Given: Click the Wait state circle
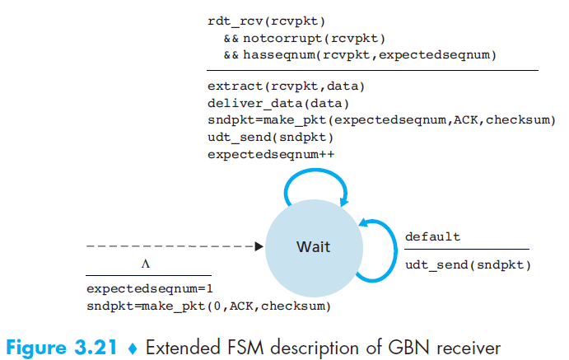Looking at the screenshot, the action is click(314, 248).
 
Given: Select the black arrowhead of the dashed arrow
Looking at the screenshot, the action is click(259, 246).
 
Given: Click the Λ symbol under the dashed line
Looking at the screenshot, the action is click(146, 264).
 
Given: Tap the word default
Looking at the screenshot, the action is click(432, 237).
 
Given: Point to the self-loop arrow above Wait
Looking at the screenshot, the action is click(315, 171).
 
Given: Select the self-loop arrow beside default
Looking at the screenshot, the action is click(394, 250).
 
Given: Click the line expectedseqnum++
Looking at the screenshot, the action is click(271, 155).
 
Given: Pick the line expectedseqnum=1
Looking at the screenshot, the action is click(150, 289).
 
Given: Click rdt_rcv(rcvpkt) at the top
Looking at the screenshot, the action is click(266, 21).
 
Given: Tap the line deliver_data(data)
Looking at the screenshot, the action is click(278, 104).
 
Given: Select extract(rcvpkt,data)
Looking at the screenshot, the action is click(286, 86).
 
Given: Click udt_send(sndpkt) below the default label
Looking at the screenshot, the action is click(468, 265).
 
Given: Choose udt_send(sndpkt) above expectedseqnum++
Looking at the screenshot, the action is click(270, 138).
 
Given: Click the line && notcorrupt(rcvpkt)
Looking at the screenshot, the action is click(304, 39).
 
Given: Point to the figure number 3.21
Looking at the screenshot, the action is click(96, 348).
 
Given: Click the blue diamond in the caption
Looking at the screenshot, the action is click(133, 348).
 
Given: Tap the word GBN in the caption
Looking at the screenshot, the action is click(409, 348).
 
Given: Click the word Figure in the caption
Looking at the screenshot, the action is click(36, 348).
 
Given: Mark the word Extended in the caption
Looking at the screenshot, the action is click(183, 348).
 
